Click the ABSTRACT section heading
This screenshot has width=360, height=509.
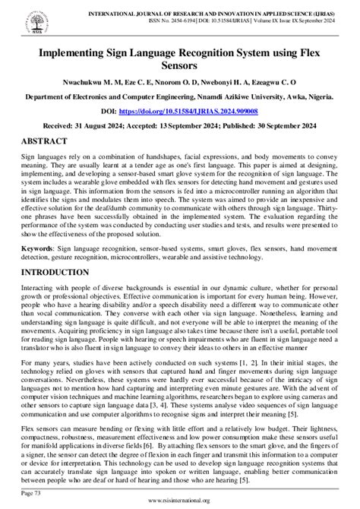point(46,141)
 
